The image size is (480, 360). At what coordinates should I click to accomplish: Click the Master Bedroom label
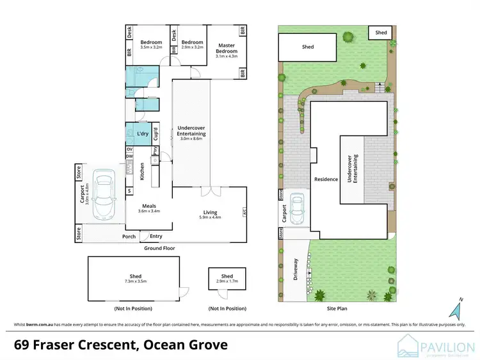click(x=227, y=49)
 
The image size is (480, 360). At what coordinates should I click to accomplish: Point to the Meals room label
click(x=150, y=206)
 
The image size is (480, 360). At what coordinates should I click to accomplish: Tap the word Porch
click(x=129, y=236)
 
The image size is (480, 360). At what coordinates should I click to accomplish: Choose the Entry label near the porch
click(x=156, y=236)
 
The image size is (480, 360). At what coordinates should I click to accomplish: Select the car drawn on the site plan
click(x=296, y=209)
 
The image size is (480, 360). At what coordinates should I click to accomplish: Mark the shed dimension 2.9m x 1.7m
click(x=227, y=281)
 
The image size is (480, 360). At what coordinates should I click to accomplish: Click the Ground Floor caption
click(x=159, y=247)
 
